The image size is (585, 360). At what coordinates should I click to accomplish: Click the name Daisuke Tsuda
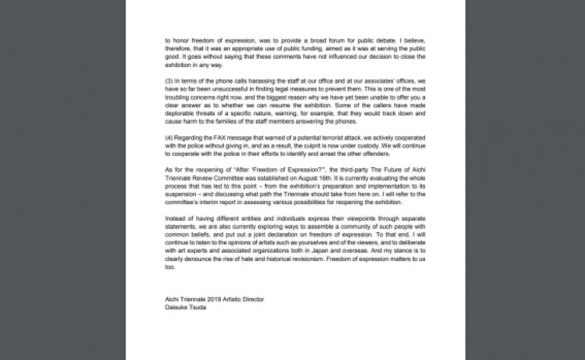point(185,307)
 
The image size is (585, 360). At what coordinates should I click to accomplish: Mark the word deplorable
point(180,114)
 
